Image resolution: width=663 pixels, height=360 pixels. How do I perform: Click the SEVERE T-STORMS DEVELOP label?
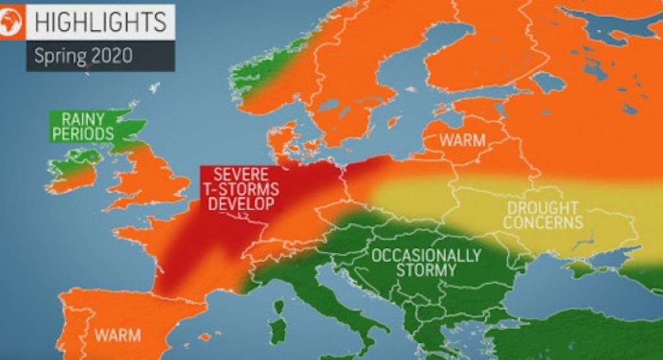tap(240, 188)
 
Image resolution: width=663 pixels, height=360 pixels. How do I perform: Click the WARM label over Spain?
tap(118, 335)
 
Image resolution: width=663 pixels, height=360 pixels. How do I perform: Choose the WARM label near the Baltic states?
tap(462, 140)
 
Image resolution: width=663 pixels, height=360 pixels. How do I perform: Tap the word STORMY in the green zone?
tap(426, 269)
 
